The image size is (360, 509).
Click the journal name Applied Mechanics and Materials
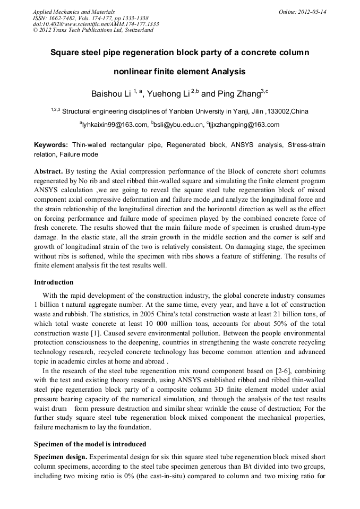coord(74,12)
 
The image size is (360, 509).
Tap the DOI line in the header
coord(96,24)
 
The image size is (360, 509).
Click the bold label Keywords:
coord(51,145)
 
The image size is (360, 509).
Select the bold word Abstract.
coord(48,172)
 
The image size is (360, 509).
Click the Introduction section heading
coord(54,282)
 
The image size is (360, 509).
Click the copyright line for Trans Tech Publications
coord(93,30)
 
